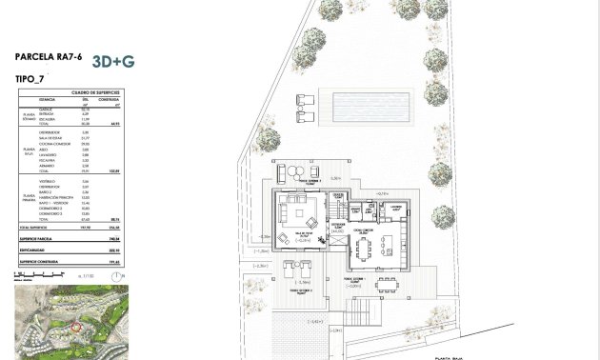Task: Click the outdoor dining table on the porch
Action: click(386, 285)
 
